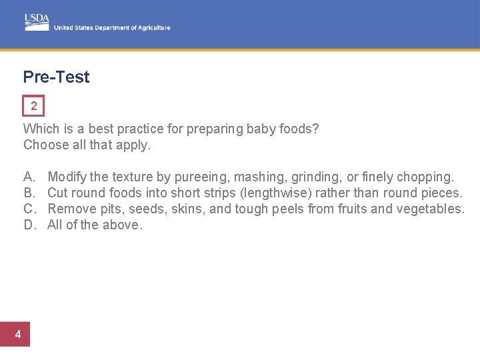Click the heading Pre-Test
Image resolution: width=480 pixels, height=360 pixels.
(x=56, y=77)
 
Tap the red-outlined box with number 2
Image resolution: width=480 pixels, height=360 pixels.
(x=33, y=106)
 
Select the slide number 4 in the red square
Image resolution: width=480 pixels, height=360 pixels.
(x=18, y=335)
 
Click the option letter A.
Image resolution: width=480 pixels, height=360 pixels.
(x=29, y=177)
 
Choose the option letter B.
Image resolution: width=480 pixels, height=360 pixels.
(x=29, y=193)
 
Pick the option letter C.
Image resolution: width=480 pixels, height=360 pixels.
(x=29, y=209)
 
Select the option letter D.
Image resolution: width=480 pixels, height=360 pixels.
(x=29, y=225)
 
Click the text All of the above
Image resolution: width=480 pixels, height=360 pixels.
(x=95, y=225)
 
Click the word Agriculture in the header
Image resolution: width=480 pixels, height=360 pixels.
(x=154, y=28)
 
